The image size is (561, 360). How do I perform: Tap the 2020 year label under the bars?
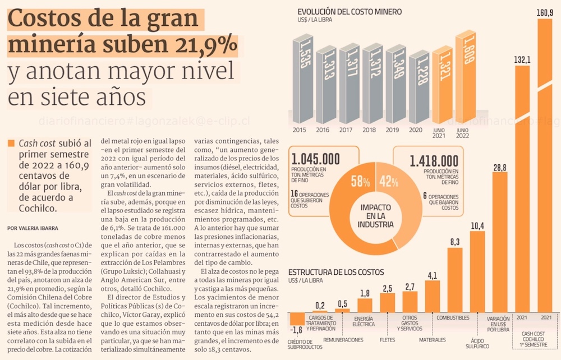[x=415, y=130]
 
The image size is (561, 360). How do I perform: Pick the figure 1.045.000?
[x=315, y=159]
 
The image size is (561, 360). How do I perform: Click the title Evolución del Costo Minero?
[x=350, y=11]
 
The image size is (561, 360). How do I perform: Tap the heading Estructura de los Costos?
[x=336, y=273]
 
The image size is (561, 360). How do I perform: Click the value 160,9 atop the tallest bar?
[x=545, y=12]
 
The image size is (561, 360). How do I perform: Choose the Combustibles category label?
[x=453, y=318]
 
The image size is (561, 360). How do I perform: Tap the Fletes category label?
[x=387, y=339]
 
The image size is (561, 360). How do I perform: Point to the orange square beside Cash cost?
[x=11, y=144]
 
